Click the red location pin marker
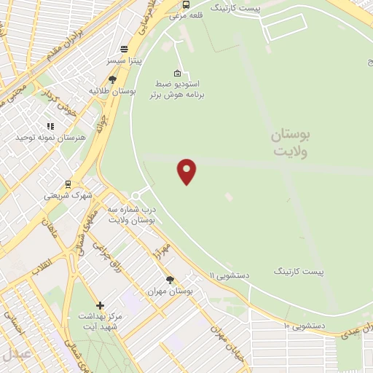point(187,170)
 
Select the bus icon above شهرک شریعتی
point(68,184)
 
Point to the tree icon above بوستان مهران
point(170,280)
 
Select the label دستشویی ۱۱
point(229,275)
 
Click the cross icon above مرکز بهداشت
point(100,305)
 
